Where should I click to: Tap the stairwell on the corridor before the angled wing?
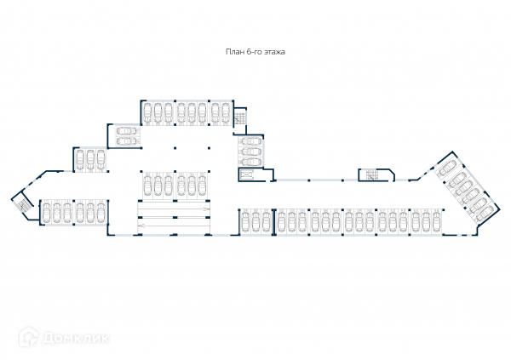click(371, 175)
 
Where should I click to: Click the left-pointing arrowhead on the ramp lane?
click(141, 223)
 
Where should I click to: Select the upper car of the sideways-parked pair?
click(124, 132)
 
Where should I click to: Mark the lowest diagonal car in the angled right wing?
click(476, 209)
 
